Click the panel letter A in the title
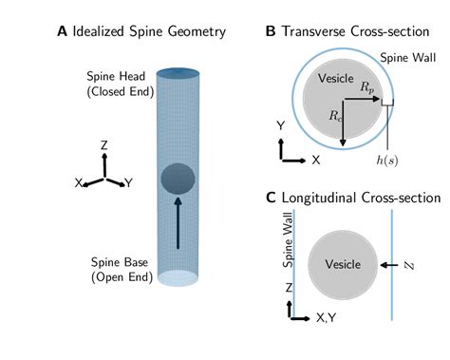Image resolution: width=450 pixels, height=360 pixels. (62, 31)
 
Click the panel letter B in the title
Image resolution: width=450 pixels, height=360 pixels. (271, 31)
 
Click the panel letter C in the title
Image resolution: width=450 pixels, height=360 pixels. (271, 198)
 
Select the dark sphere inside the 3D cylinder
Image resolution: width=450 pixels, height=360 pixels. (178, 178)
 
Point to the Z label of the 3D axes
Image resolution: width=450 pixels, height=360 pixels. (103, 144)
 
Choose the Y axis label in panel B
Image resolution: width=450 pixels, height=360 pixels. (281, 124)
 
